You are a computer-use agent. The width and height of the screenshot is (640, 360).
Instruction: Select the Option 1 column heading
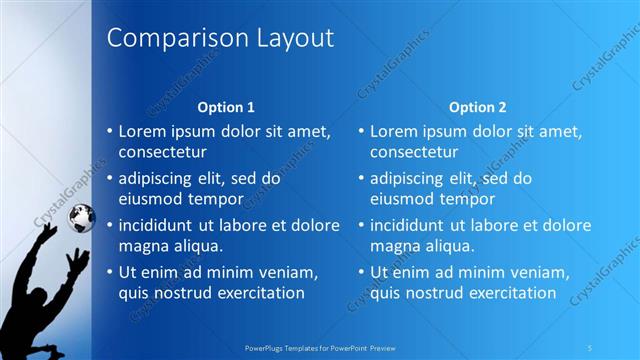(226, 107)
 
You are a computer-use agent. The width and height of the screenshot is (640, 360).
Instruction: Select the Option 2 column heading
(477, 107)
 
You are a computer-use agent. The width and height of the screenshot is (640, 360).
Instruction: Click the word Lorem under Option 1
(142, 131)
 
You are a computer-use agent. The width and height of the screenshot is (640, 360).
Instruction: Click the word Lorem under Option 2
(393, 131)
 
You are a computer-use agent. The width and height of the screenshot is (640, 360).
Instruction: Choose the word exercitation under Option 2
(508, 293)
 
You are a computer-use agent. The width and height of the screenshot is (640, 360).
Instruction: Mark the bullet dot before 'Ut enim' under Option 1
(110, 272)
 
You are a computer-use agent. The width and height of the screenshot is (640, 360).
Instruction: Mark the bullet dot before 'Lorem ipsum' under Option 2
(361, 131)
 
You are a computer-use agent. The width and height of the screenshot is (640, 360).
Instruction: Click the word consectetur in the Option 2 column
(414, 152)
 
